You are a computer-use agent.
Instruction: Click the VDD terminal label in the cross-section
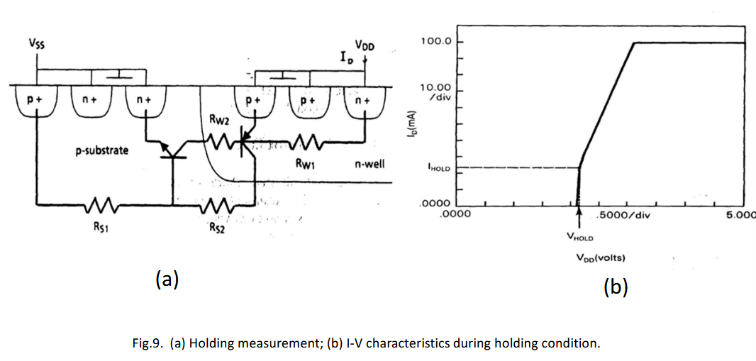(365, 45)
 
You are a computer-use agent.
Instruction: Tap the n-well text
(368, 165)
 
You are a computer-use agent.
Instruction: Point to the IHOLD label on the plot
(438, 168)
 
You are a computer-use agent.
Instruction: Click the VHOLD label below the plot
(579, 238)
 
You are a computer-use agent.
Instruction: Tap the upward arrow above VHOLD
(579, 214)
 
